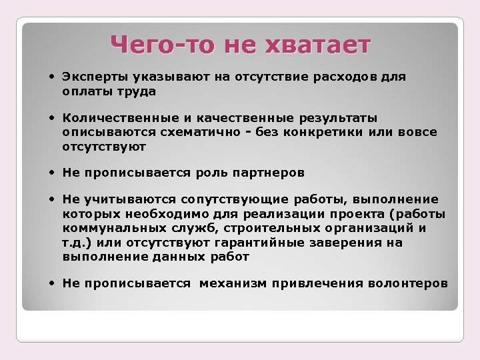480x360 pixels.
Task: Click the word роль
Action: (x=209, y=173)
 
